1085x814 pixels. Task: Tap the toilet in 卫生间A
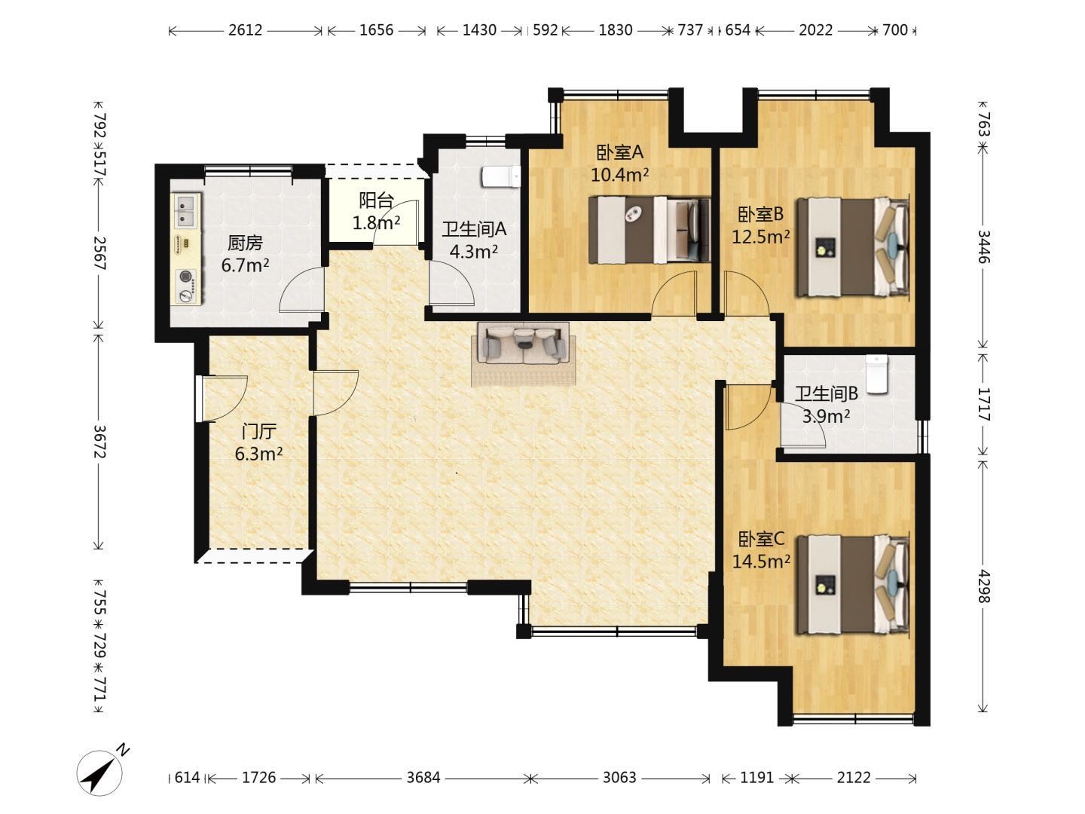click(x=501, y=177)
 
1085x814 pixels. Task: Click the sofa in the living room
click(x=524, y=344)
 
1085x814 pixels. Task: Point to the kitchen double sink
click(x=186, y=210)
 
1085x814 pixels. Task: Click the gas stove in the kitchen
click(x=186, y=286)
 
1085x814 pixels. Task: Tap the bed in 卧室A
click(x=649, y=229)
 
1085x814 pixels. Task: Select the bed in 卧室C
click(x=852, y=584)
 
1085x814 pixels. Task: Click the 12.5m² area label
click(x=760, y=237)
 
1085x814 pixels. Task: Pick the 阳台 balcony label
click(x=376, y=200)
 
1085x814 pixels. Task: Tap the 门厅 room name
click(x=258, y=431)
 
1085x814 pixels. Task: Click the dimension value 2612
click(x=245, y=30)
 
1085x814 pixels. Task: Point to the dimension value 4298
click(x=984, y=586)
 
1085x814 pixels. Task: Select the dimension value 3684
click(x=423, y=778)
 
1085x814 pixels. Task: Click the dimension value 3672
click(x=100, y=442)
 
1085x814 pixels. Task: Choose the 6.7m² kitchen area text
click(x=245, y=265)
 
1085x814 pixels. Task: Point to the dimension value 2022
click(x=815, y=30)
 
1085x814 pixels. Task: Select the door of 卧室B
click(x=747, y=294)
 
